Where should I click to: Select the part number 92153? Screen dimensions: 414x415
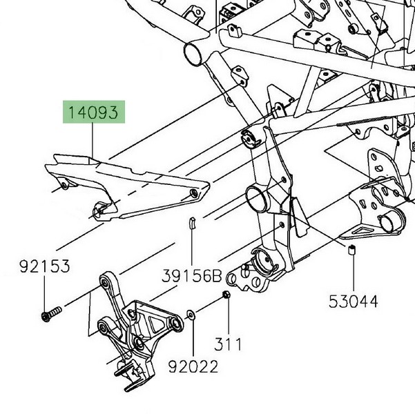[x=44, y=266]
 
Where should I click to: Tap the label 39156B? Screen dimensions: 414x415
[x=193, y=276]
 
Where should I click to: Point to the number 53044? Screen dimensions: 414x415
[x=354, y=301]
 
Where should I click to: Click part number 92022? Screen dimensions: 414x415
[x=193, y=367]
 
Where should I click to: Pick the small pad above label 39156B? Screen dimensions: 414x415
[x=193, y=222]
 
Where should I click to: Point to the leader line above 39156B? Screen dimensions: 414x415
[x=193, y=248]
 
